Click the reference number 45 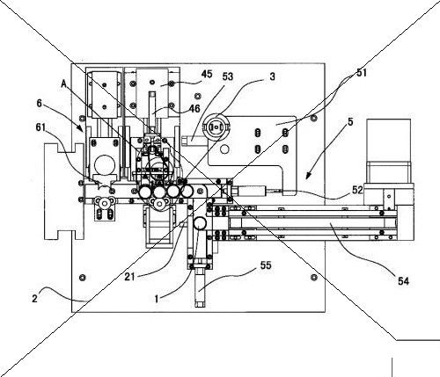tap(207, 74)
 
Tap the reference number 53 tap(228, 76)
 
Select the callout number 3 tap(273, 76)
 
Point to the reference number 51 tap(362, 73)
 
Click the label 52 tap(357, 191)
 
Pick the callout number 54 tap(403, 281)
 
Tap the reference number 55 tap(266, 265)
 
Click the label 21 tap(129, 277)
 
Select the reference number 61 tap(40, 127)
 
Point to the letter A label tap(64, 84)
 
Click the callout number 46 tap(194, 109)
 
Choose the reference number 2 tap(34, 299)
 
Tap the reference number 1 tap(157, 299)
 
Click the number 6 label tap(40, 103)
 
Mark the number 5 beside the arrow tap(350, 122)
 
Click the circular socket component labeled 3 tap(216, 127)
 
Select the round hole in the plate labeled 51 tap(224, 149)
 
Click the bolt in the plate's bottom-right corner tap(314, 277)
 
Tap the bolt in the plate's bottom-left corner tap(82, 277)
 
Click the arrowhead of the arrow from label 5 tap(307, 177)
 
